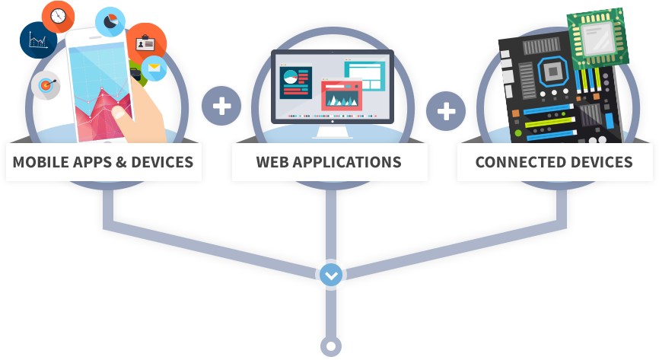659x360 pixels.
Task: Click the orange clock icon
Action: coord(58,14)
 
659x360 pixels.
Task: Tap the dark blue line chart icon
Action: coord(37,41)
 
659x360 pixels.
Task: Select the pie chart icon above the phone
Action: coord(110,21)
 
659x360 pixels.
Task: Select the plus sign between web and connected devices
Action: coord(446,112)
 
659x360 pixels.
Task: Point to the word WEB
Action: coord(274,162)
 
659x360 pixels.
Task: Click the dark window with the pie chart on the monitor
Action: coord(297,81)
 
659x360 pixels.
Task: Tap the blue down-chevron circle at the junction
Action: coord(330,275)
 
